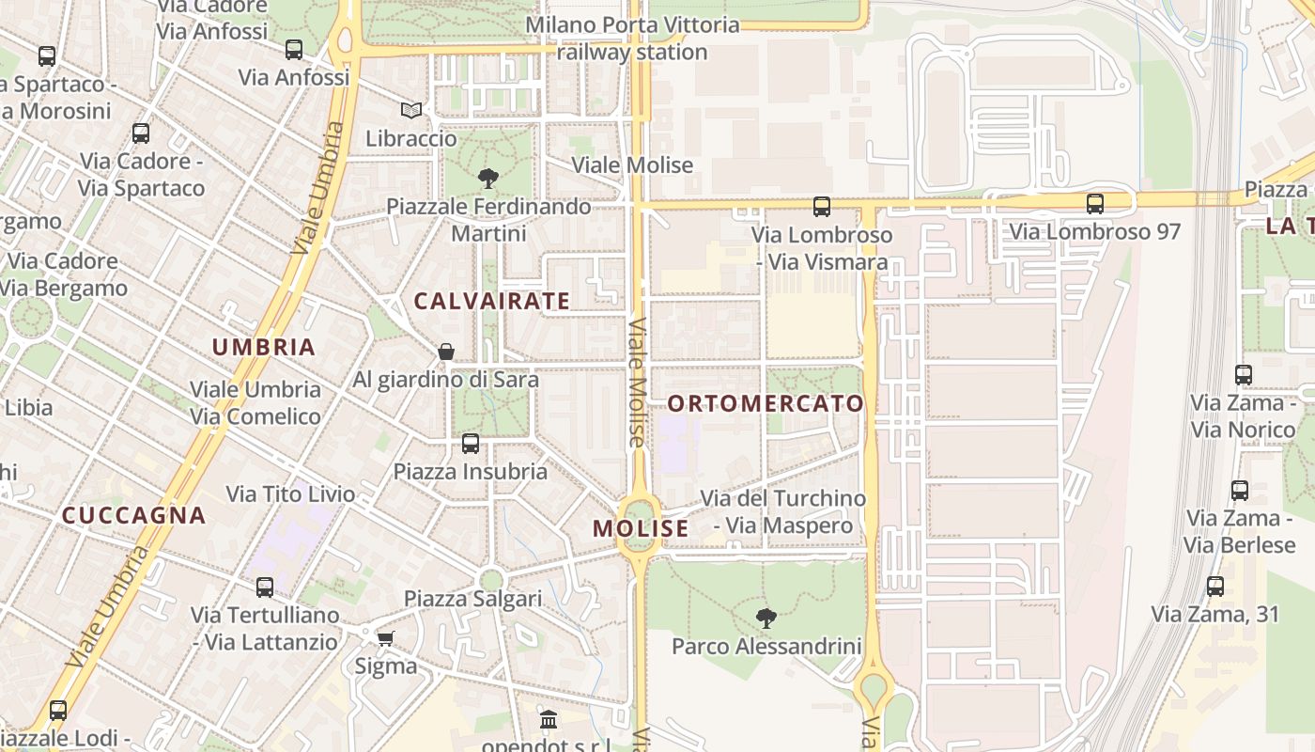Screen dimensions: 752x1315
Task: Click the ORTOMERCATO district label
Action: pyautogui.click(x=765, y=404)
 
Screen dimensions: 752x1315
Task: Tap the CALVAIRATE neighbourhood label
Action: pyautogui.click(x=491, y=302)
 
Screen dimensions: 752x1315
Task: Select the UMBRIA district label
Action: pyautogui.click(x=263, y=347)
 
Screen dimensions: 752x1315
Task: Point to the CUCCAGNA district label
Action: pyautogui.click(x=133, y=515)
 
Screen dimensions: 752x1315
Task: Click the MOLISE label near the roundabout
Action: pyautogui.click(x=641, y=528)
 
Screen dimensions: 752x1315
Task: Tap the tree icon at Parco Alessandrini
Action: pyautogui.click(x=766, y=618)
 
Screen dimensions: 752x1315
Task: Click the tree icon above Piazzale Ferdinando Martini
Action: pyautogui.click(x=488, y=178)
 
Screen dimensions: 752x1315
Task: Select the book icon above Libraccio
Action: pyautogui.click(x=410, y=110)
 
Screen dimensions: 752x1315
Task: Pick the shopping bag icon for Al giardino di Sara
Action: pyautogui.click(x=446, y=352)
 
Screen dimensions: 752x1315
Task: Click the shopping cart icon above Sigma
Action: pyautogui.click(x=385, y=639)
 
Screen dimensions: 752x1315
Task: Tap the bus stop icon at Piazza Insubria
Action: pyautogui.click(x=471, y=443)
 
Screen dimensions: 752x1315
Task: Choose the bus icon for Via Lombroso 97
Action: pyautogui.click(x=1094, y=203)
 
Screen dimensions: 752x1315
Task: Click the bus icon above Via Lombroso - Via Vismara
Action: pyautogui.click(x=822, y=206)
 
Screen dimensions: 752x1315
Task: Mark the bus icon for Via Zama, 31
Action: pyautogui.click(x=1215, y=587)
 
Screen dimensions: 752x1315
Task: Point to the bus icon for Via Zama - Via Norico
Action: pyautogui.click(x=1244, y=374)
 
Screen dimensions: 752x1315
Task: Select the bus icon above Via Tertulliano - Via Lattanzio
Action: pyautogui.click(x=265, y=587)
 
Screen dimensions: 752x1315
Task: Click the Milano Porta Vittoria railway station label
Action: pyautogui.click(x=632, y=39)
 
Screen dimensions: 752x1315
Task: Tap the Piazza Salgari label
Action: pyautogui.click(x=473, y=599)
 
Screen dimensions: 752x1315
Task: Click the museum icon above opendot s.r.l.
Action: pyautogui.click(x=549, y=720)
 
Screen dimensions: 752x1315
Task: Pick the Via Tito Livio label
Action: pyautogui.click(x=290, y=494)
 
